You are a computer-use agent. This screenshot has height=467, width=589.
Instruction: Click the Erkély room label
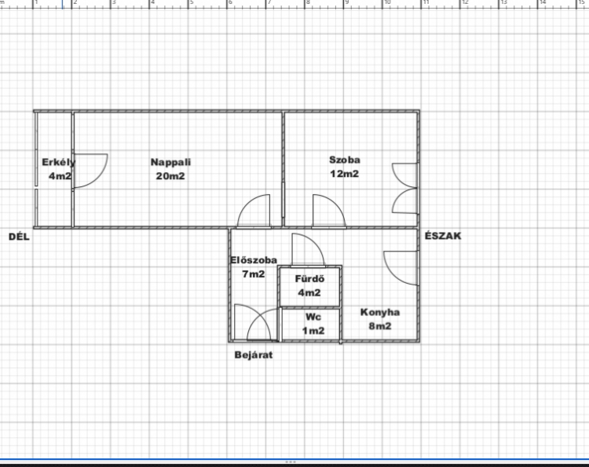pos(59,163)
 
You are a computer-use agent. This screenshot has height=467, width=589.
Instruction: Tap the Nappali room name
pos(170,163)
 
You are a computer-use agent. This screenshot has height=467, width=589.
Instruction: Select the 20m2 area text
pos(170,176)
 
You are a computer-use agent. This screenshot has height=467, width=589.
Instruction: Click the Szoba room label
pos(345,160)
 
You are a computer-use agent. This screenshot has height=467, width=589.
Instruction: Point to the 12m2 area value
pos(345,174)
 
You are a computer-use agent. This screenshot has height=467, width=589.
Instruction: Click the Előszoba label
pos(254,260)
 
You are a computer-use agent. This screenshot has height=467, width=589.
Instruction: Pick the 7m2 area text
pos(254,274)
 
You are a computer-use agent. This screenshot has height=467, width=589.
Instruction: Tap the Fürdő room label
pos(309,279)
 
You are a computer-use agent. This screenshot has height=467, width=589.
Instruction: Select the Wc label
pos(313,317)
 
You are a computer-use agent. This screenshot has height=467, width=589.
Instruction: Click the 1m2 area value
pos(313,330)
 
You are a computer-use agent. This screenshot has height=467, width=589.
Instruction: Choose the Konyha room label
pos(380,312)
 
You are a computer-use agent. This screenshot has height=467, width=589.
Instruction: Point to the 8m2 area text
pos(380,326)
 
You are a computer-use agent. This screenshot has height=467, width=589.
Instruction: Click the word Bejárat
pos(254,355)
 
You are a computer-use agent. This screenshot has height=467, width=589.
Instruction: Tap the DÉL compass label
pos(19,237)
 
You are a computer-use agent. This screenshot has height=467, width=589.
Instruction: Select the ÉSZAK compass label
pos(443,236)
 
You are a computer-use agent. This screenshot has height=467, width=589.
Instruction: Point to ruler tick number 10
pos(387,2)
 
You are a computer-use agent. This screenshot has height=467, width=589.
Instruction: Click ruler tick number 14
pos(543,2)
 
